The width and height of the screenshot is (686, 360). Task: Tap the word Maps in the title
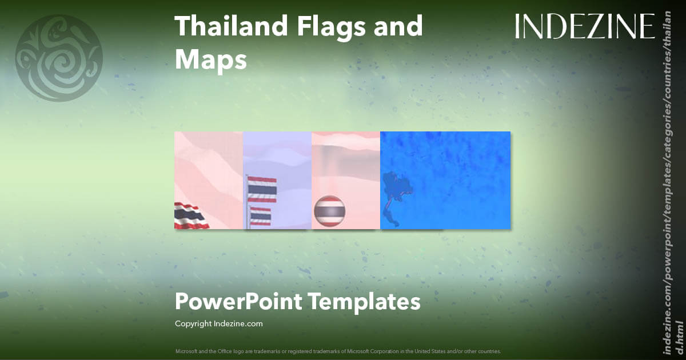coord(210,59)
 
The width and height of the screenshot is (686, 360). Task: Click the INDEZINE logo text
coord(585,27)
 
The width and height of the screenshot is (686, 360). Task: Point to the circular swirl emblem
coord(59,58)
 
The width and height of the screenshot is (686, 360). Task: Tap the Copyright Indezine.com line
coord(218,323)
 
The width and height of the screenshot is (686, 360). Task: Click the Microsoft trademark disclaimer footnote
coord(338,351)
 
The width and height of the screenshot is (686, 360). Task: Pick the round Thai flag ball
coord(329,211)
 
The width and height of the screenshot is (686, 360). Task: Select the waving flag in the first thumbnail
coord(191,216)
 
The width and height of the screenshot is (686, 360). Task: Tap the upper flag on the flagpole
coord(262,189)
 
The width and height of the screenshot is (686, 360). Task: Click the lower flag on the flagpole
coord(261,217)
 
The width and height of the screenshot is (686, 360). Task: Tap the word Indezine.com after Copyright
coord(238,323)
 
